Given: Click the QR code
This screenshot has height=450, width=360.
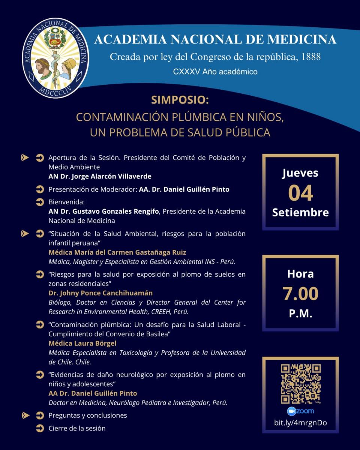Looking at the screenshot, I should point(301,383).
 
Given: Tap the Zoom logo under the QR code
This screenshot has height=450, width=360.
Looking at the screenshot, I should point(300,411).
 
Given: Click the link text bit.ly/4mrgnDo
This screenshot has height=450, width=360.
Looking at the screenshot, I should point(300,423).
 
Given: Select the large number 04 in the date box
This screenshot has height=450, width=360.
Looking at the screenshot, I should point(300,193).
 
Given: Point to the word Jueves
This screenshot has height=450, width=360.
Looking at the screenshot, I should point(300,173).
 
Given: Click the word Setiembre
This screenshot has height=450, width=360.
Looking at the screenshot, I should point(300,212).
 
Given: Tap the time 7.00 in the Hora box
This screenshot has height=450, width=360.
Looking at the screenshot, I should point(300,293).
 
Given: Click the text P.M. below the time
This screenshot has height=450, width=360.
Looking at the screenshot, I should point(300,313).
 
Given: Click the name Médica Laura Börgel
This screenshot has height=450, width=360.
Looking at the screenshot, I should point(82,343).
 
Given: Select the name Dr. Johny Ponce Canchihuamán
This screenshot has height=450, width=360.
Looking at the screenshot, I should point(100,293).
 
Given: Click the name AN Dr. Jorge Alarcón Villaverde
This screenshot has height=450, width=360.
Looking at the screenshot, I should point(100,176).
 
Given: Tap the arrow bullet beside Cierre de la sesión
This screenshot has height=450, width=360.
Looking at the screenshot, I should point(40,428).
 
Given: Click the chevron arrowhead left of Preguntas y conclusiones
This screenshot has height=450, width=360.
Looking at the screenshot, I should point(25,415).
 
